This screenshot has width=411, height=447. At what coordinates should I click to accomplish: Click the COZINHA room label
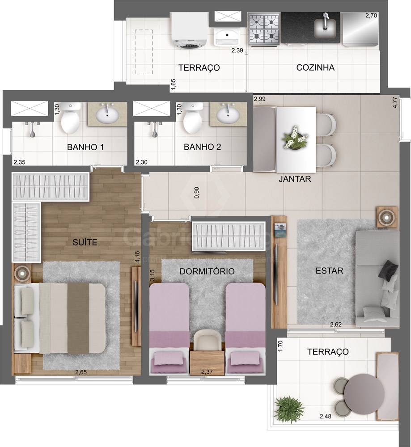[x=315, y=68]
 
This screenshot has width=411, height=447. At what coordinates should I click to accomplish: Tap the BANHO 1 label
[x=86, y=147]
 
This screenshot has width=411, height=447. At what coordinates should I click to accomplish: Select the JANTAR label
[x=294, y=179]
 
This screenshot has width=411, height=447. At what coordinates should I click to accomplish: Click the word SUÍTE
[x=85, y=242]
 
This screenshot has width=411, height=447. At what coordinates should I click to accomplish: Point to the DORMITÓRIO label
[x=207, y=271]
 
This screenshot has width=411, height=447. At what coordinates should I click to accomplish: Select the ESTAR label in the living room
[x=329, y=270]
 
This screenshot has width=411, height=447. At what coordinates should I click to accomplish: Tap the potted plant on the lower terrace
[x=289, y=408]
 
